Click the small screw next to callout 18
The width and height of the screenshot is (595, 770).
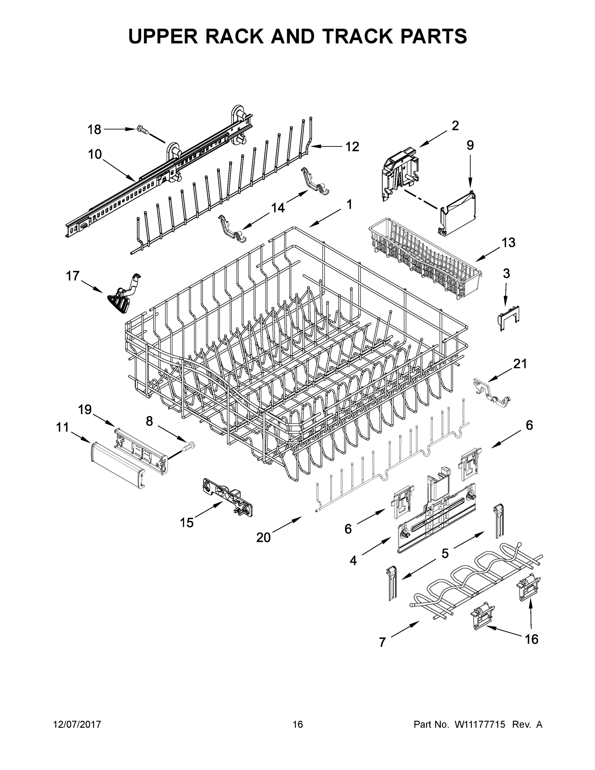(142, 131)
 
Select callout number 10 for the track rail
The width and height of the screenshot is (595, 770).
(95, 154)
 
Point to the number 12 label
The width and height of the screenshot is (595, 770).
(352, 147)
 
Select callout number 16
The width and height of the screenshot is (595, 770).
(531, 639)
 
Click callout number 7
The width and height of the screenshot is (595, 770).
(382, 642)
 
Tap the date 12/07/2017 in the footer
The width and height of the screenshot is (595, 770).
(77, 724)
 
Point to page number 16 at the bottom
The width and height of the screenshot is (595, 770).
(298, 724)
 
